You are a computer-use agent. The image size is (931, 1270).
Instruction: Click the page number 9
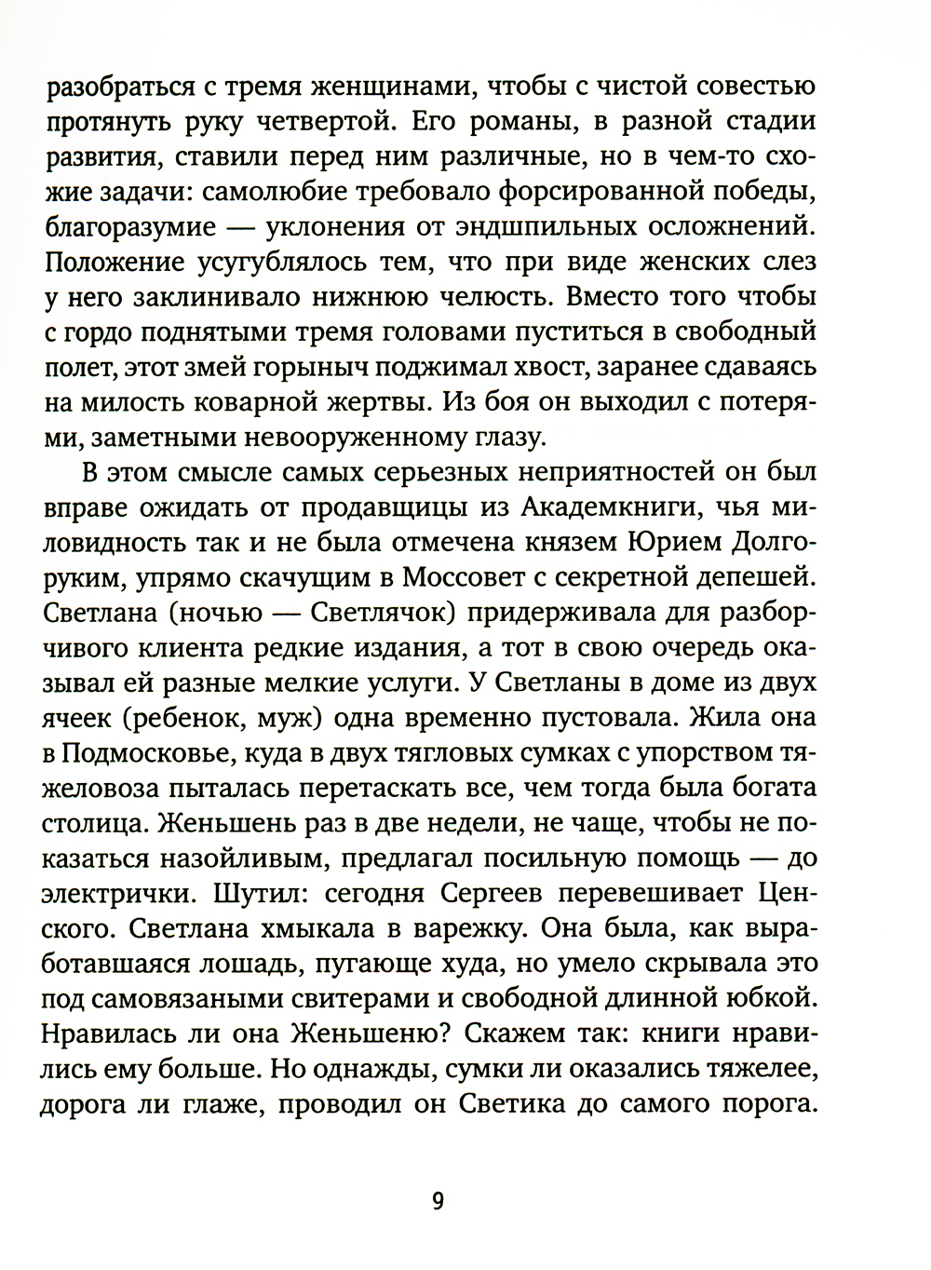tap(438, 1199)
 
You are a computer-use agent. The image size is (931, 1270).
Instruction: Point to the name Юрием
tap(645, 544)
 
